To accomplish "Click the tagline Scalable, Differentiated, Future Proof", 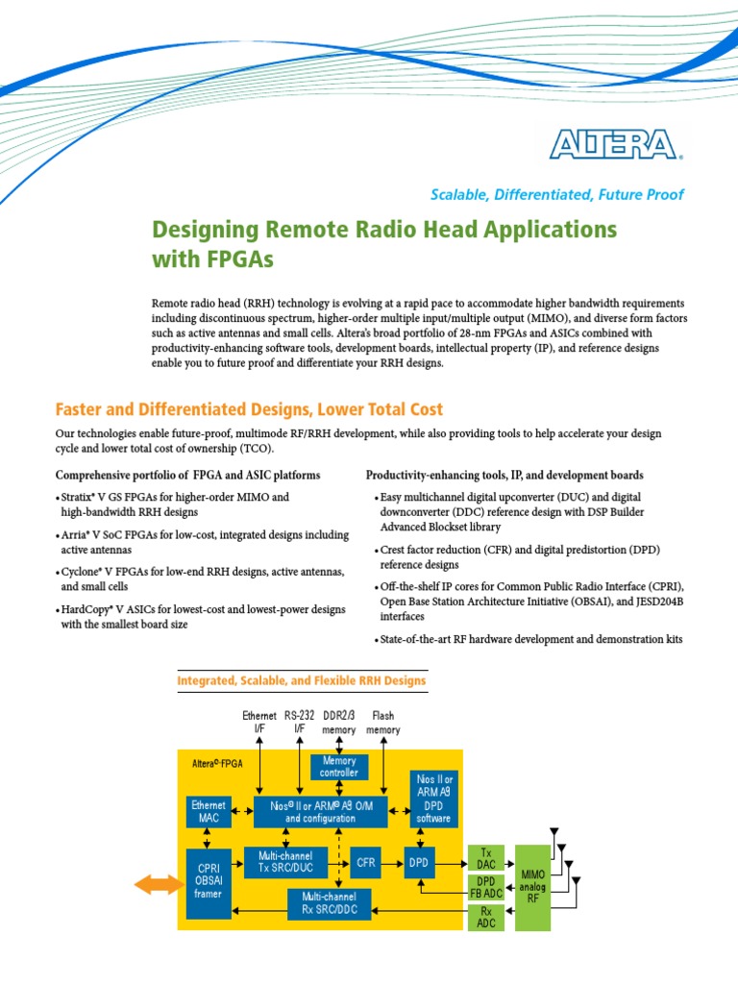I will tap(556, 194).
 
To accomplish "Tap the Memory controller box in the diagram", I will tap(338, 767).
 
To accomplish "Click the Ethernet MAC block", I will tap(209, 811).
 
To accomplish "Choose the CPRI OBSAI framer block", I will tap(209, 882).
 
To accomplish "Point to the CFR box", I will tap(365, 863).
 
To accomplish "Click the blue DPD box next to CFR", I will tap(417, 863).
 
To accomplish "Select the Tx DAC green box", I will tap(486, 858).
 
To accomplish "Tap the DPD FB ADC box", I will tap(486, 889).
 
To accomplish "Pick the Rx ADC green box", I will tap(486, 918).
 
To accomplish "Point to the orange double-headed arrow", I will tap(158, 884).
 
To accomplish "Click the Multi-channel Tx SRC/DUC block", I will tap(286, 861).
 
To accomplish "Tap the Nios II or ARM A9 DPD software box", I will tap(433, 798).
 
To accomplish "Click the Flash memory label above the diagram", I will tap(383, 723).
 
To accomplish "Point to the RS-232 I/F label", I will tap(299, 723).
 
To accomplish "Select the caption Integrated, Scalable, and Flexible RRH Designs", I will tap(302, 680).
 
